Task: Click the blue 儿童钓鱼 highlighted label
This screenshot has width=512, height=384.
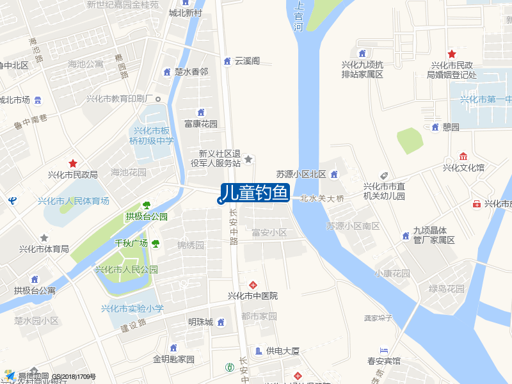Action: click(x=255, y=193)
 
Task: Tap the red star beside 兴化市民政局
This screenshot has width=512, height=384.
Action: click(x=73, y=164)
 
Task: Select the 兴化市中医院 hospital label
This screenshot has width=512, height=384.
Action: click(x=253, y=296)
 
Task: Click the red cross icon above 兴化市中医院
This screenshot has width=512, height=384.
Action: click(x=253, y=284)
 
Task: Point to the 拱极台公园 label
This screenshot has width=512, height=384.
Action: click(x=147, y=216)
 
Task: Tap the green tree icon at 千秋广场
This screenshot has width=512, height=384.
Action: click(x=156, y=243)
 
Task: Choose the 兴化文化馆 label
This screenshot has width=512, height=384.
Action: click(x=463, y=168)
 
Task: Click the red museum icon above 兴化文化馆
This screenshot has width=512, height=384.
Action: click(x=463, y=157)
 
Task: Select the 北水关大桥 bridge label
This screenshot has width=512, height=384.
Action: click(x=322, y=198)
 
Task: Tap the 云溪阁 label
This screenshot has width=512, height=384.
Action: click(x=247, y=61)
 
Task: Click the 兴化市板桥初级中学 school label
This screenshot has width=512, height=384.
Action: click(x=152, y=136)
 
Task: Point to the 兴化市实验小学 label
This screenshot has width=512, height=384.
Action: click(x=132, y=308)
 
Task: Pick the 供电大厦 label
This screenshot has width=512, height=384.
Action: click(x=283, y=351)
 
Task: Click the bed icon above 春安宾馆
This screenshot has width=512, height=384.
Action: click(x=383, y=350)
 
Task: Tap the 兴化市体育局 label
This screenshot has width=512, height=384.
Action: click(x=44, y=249)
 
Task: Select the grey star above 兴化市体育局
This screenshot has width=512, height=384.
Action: click(x=44, y=238)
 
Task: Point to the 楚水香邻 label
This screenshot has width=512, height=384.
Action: click(x=191, y=72)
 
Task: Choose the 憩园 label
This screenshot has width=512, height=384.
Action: click(x=451, y=127)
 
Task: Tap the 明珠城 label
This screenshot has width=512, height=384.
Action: click(x=200, y=321)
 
